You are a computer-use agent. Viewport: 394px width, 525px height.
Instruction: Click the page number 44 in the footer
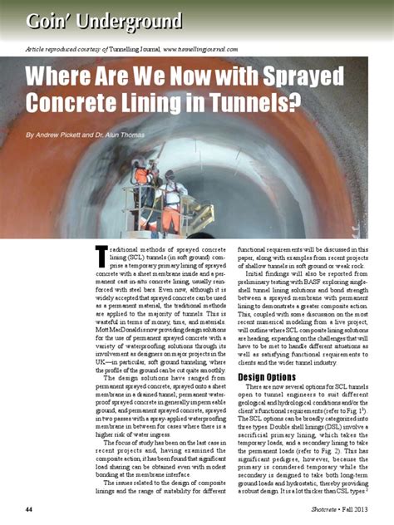29,508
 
